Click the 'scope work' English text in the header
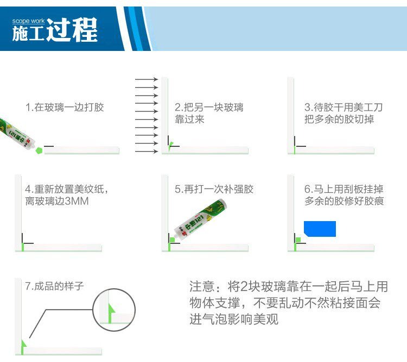click(x=28, y=21)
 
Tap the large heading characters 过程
click(x=72, y=30)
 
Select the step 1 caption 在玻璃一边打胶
click(x=69, y=107)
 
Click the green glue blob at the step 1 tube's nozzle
click(x=39, y=151)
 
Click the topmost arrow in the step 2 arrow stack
click(x=147, y=79)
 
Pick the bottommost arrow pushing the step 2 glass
click(x=147, y=151)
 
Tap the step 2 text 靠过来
click(x=189, y=119)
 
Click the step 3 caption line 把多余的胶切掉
click(x=339, y=119)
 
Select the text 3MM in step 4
click(x=77, y=201)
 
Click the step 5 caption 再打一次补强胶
click(x=219, y=189)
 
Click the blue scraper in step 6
click(x=320, y=229)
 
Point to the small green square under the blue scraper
click(x=298, y=240)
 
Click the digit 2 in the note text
click(x=245, y=287)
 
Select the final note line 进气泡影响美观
click(x=234, y=319)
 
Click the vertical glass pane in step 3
click(x=291, y=115)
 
